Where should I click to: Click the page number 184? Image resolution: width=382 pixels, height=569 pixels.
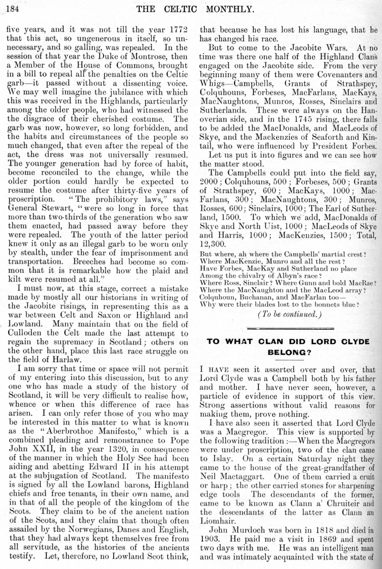coord(11,7)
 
